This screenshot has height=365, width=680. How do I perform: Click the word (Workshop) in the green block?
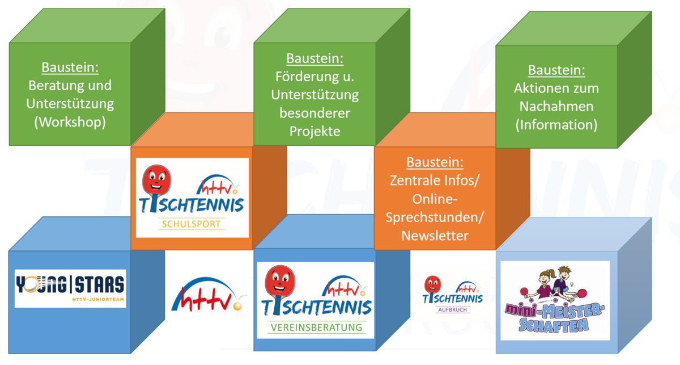pos(70,122)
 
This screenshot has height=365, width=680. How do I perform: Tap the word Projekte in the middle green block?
pos(315,131)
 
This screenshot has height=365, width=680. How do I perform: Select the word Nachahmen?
pos(556,107)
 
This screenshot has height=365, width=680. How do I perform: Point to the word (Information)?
pos(556,125)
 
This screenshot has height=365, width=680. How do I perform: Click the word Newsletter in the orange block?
pos(435,236)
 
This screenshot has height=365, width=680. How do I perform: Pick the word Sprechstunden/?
pos(435,218)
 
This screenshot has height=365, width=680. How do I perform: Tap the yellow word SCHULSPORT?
pos(192,224)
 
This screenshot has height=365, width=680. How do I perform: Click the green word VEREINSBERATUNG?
pos(316,328)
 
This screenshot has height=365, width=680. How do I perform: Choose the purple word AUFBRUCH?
pos(452,309)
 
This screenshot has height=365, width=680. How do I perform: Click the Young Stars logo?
pos(70,288)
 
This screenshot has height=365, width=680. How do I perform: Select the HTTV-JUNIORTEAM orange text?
pos(98,299)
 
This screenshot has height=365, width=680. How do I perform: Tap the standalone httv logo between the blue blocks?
pos(209,295)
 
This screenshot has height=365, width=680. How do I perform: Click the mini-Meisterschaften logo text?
pos(554,317)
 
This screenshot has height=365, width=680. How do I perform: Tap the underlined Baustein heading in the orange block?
pos(435,162)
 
